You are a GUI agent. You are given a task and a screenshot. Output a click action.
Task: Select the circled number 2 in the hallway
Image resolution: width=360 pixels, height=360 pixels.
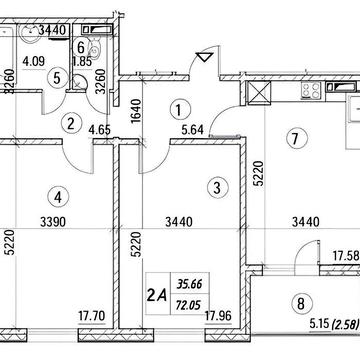pos(70,124)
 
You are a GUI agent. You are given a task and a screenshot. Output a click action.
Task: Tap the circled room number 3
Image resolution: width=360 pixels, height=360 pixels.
pos(214,186)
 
